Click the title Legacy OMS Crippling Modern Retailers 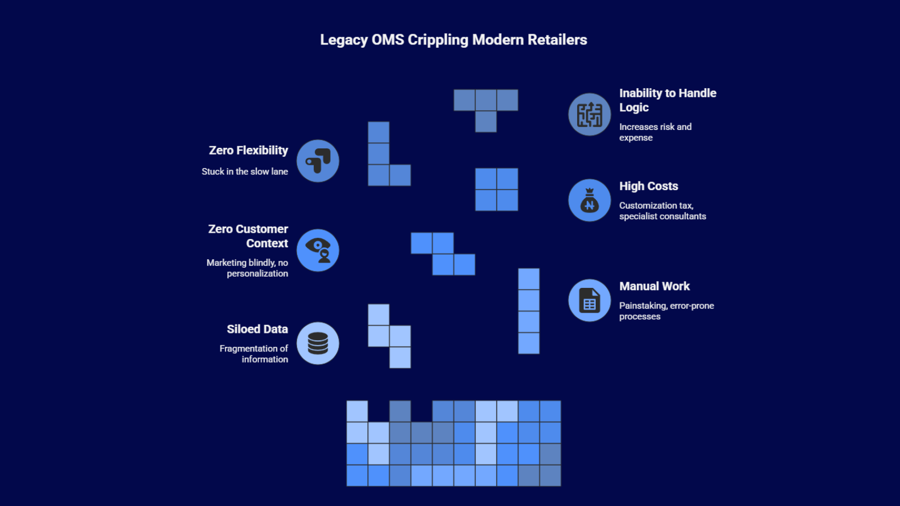tap(453, 40)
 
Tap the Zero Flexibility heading tap(248, 151)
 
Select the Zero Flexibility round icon tap(318, 161)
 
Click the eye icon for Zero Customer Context tap(318, 250)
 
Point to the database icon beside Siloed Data tap(318, 343)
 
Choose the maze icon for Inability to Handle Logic tap(589, 115)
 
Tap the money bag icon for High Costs tap(589, 200)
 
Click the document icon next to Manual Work tap(589, 300)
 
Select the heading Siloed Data tap(257, 329)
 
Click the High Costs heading tap(649, 186)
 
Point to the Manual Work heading tap(654, 286)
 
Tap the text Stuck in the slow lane tap(245, 171)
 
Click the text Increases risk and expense tap(655, 132)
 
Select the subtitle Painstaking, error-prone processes tap(666, 311)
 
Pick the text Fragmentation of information tap(254, 354)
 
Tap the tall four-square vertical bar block tap(529, 311)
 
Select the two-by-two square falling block tap(497, 189)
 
